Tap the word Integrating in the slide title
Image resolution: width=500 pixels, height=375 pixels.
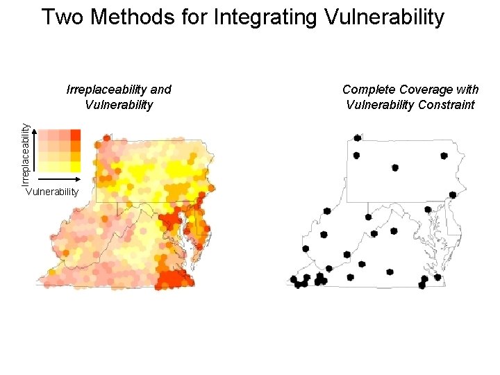267,17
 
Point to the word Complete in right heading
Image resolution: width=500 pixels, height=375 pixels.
368,90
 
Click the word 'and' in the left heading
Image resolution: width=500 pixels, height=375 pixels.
160,90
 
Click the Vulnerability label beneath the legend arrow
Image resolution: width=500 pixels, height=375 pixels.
52,192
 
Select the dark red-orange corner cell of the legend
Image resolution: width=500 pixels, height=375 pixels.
75,134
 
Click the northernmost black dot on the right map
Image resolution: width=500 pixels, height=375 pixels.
357,138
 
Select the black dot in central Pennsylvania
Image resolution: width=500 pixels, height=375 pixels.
395,167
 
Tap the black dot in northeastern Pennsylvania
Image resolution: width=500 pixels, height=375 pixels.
444,156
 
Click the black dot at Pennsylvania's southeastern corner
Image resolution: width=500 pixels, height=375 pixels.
453,194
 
